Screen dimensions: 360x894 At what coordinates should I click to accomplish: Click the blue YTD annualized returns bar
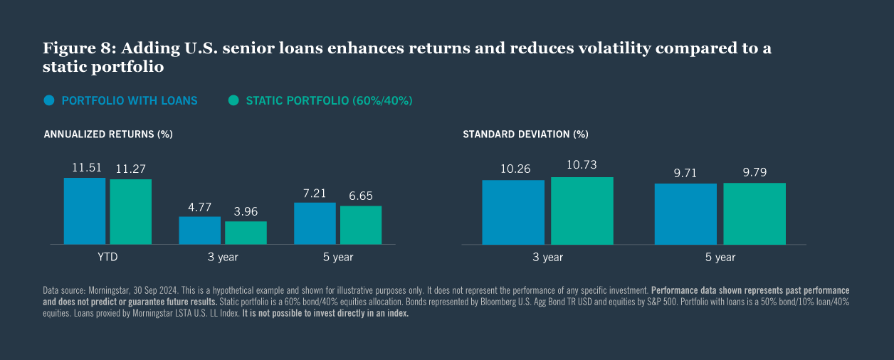[85, 211]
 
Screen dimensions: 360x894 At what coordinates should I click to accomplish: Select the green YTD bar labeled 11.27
[130, 211]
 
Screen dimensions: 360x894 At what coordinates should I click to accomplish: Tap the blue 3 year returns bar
[199, 230]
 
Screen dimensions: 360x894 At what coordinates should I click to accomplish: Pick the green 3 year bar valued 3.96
[246, 233]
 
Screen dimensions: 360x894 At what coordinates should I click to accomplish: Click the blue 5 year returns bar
[315, 223]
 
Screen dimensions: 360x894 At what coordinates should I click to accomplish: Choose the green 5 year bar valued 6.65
[361, 225]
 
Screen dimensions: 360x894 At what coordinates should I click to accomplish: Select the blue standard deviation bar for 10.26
[513, 212]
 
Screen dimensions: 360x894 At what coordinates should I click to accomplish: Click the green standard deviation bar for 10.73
[582, 211]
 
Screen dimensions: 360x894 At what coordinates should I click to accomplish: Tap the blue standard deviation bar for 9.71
[685, 213]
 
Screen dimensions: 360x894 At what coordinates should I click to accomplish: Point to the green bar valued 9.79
[754, 213]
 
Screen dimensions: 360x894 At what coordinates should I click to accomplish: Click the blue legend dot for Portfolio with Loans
[49, 100]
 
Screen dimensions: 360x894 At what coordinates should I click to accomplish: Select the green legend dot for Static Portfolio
[233, 100]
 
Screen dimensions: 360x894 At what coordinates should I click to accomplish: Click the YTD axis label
[107, 258]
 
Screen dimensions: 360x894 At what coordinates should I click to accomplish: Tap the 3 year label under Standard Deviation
[547, 258]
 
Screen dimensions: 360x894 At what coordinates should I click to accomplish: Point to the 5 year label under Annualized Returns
[338, 258]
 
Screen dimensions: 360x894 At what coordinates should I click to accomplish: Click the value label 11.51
[87, 168]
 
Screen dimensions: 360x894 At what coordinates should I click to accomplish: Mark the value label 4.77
[199, 207]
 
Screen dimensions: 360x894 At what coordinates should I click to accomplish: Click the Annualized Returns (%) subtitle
[108, 134]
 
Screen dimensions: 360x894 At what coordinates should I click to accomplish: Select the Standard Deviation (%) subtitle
[525, 134]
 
